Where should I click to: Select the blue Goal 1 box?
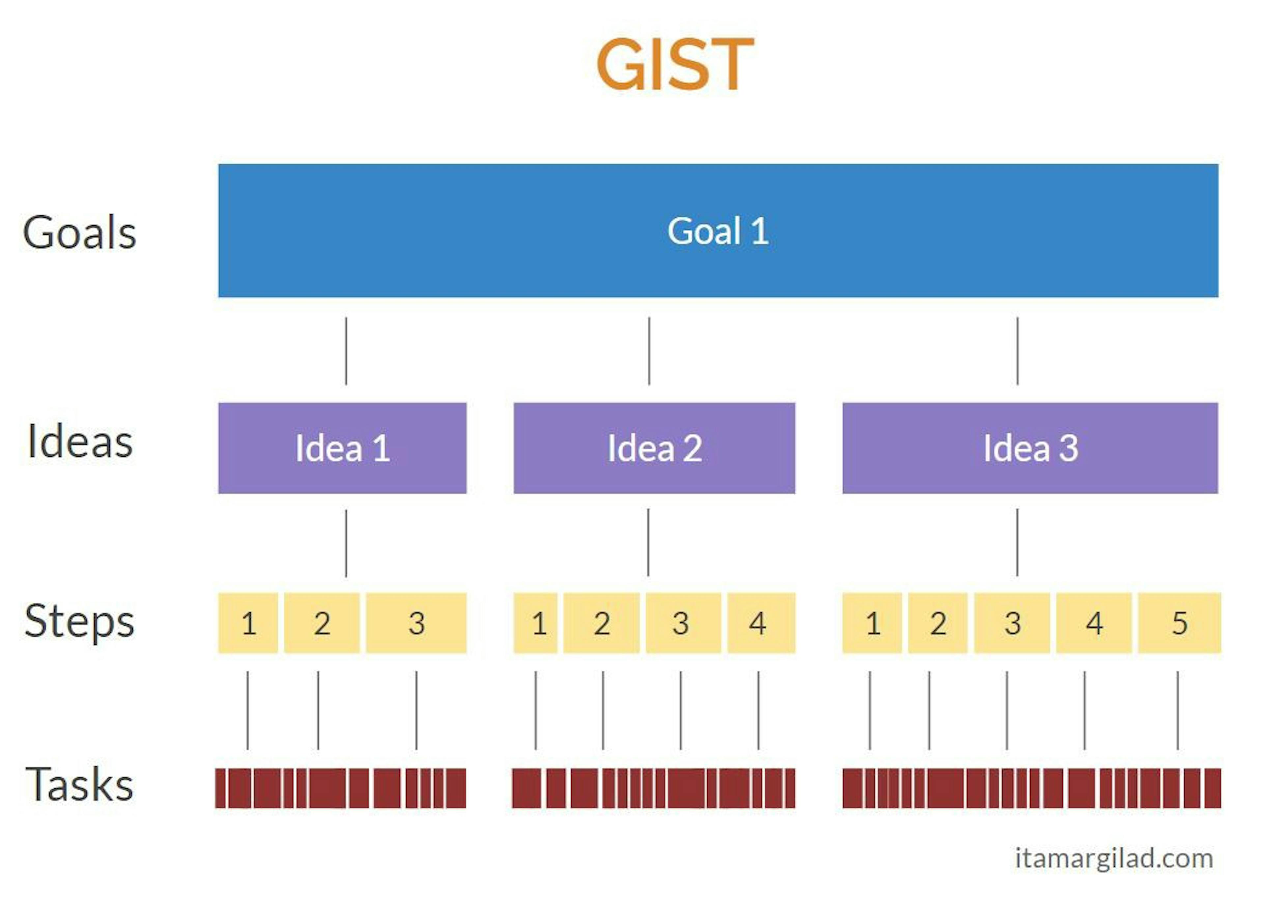point(717,231)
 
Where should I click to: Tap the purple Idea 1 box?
point(342,448)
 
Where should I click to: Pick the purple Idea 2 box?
point(654,448)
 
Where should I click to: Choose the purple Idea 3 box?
point(1029,448)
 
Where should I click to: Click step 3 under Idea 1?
point(416,623)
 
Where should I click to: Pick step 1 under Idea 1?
point(248,623)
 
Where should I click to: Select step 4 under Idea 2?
point(761,623)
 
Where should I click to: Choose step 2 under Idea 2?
point(601,623)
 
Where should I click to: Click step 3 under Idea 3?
point(1012,623)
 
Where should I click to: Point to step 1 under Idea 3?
point(872,623)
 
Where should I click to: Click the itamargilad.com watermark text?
point(1113,859)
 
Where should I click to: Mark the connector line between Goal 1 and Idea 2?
point(649,351)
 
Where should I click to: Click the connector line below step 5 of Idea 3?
point(1178,711)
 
